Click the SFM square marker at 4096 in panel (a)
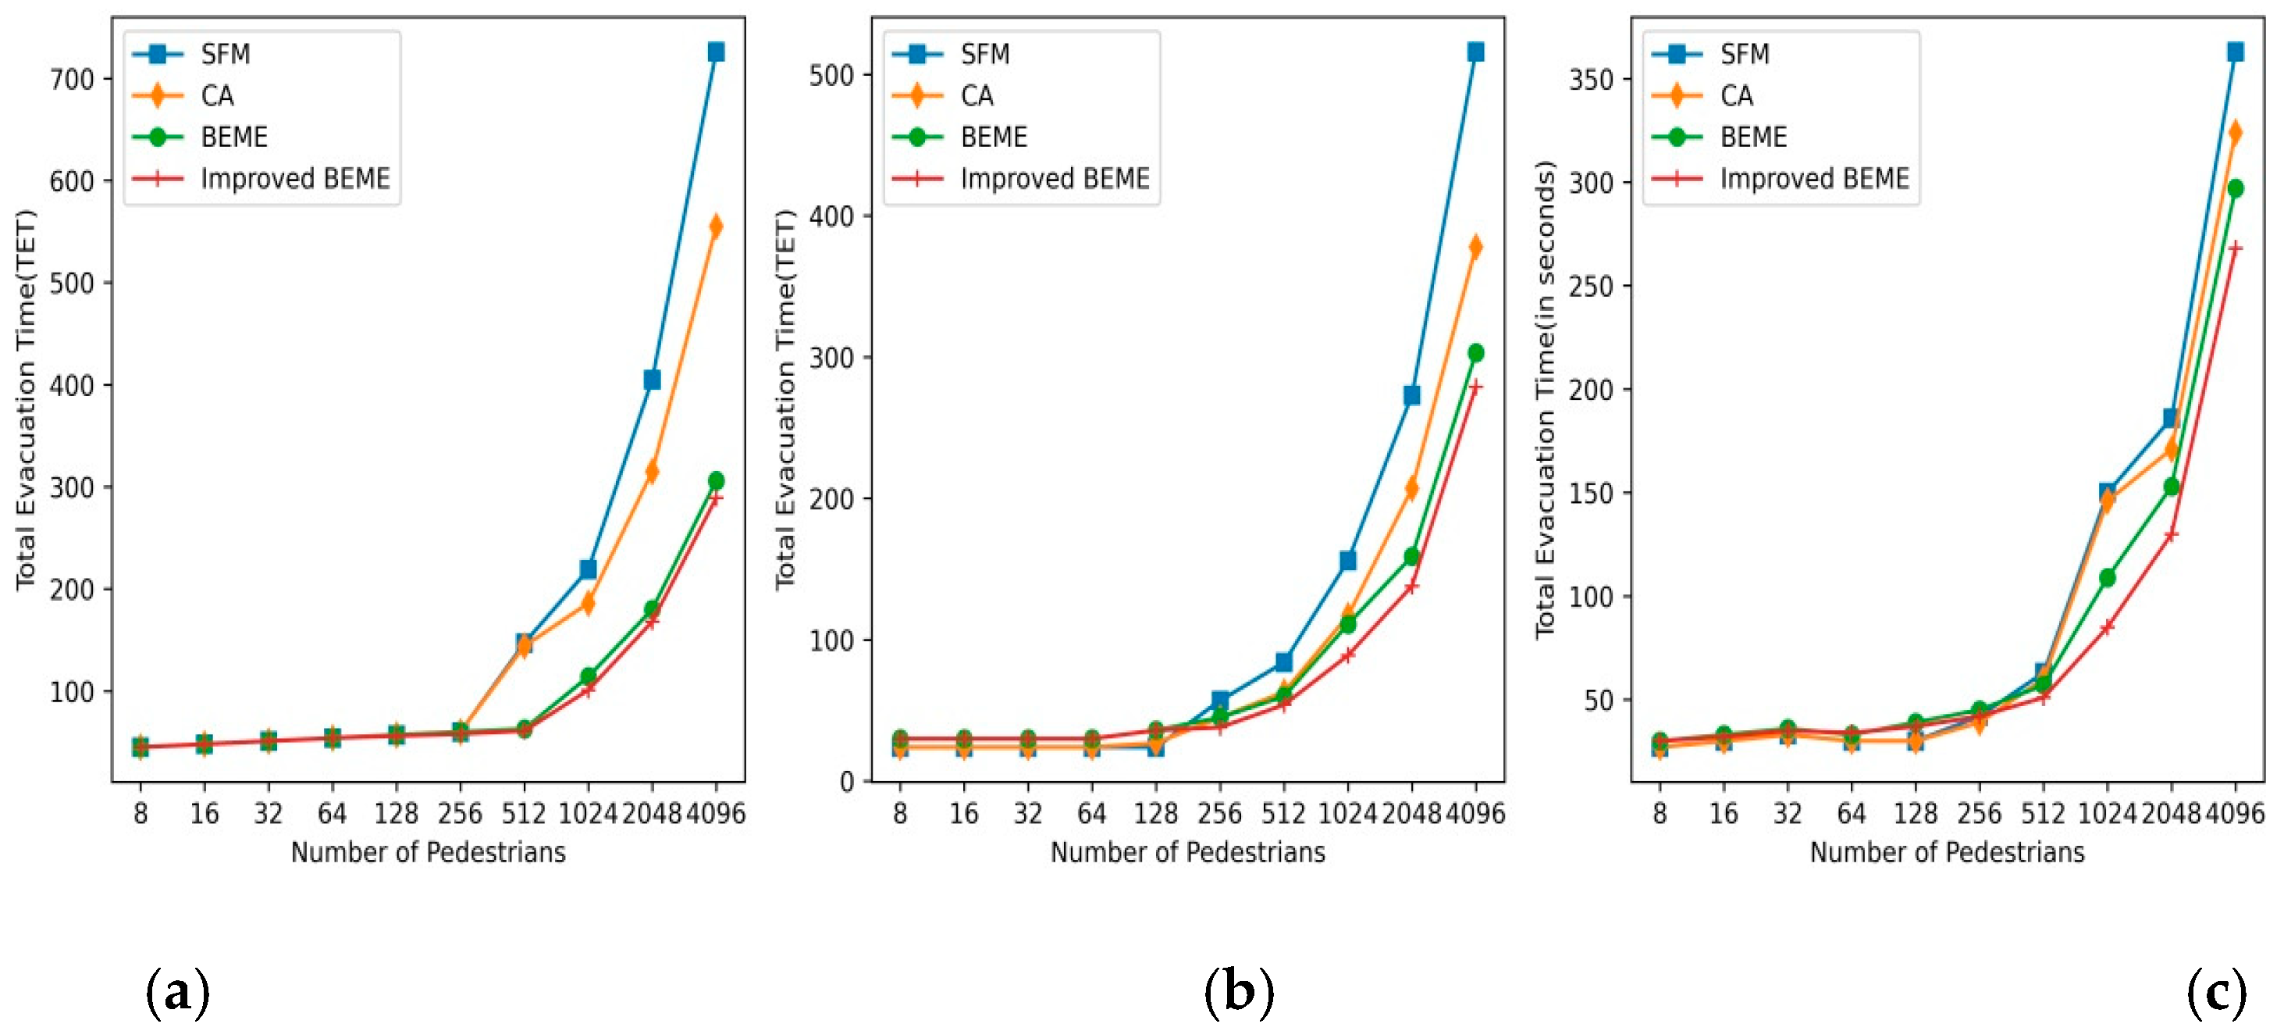point(716,52)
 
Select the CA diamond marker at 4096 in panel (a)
point(716,227)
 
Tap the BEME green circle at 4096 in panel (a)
point(716,481)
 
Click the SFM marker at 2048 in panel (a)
point(652,380)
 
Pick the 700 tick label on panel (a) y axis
point(72,80)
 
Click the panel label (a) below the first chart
point(177,991)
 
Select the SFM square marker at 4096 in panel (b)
point(1475,52)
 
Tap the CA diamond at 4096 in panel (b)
point(1475,247)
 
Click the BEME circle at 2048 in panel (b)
point(1411,557)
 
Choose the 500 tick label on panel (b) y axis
point(831,76)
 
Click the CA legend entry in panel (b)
point(977,96)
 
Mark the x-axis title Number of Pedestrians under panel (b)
point(1187,852)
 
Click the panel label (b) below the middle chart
point(1239,991)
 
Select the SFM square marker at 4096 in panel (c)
point(2236,52)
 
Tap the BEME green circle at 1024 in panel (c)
point(2108,578)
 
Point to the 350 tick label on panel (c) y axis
point(1591,80)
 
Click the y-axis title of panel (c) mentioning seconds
point(1546,399)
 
